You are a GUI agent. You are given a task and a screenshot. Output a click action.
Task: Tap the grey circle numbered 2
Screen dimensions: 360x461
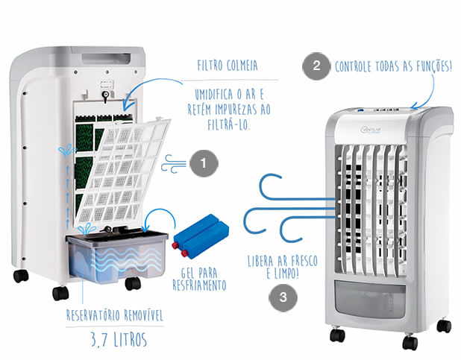(316, 65)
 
